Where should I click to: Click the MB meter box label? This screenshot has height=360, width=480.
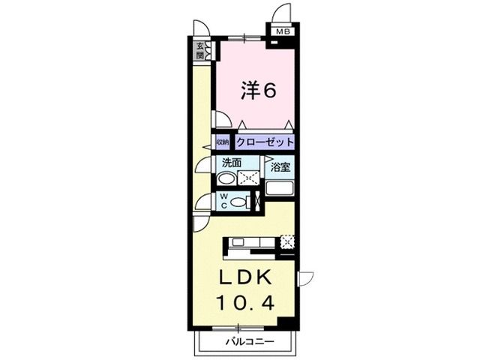tap(283, 31)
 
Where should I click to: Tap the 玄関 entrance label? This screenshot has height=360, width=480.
tap(201, 50)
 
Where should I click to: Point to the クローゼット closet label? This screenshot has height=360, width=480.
tap(264, 142)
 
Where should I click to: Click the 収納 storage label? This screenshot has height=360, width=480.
tap(223, 142)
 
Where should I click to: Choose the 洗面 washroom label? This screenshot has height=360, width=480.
tap(230, 163)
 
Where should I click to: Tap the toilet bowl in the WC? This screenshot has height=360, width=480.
tap(238, 202)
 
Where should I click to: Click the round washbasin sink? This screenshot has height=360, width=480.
tap(226, 178)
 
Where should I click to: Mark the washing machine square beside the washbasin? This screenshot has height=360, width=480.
tap(248, 178)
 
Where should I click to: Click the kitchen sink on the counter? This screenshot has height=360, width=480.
tap(238, 241)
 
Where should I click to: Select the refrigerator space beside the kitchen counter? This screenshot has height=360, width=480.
tap(286, 241)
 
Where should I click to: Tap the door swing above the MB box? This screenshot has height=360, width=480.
tap(282, 14)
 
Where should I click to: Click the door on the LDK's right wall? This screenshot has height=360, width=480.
tap(304, 280)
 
